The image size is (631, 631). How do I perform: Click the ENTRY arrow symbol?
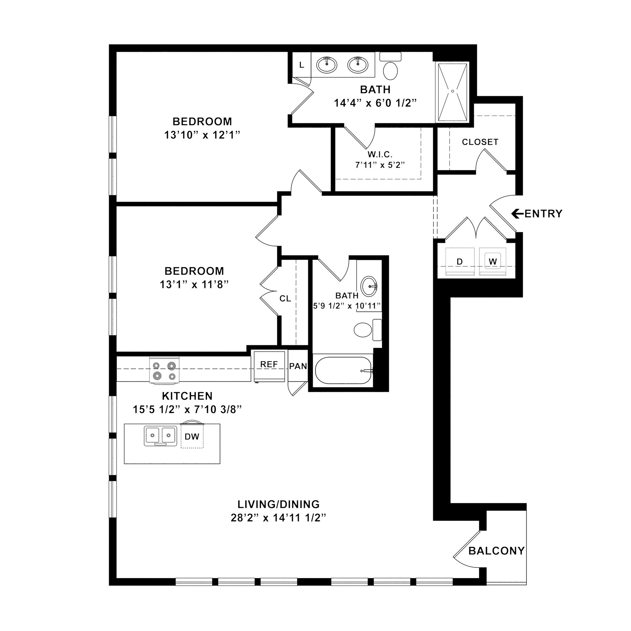(517, 214)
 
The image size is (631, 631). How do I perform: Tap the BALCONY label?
(496, 551)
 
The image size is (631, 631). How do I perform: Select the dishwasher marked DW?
(192, 436)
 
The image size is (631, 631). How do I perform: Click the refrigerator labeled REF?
(269, 366)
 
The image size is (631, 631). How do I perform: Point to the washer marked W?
(493, 261)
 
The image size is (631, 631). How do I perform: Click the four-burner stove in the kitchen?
(165, 370)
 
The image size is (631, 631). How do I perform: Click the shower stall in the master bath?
(452, 92)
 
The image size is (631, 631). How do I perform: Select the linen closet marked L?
(301, 65)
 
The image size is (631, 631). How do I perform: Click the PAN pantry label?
(298, 366)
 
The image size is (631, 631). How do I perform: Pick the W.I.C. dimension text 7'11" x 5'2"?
(380, 165)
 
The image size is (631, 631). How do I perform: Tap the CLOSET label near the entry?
(480, 142)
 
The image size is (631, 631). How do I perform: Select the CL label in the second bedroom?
(285, 298)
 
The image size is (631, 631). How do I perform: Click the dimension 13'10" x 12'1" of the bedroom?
(202, 135)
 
